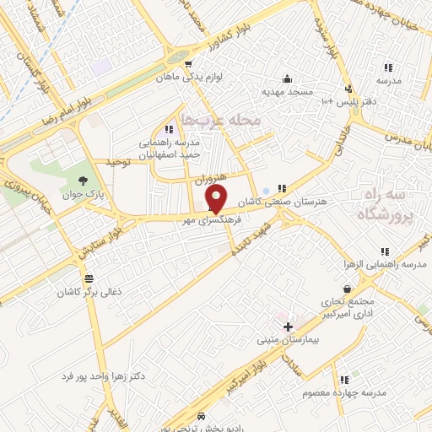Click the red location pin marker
click(216, 199)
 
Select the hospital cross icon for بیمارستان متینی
click(288, 326)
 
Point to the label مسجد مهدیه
click(287, 90)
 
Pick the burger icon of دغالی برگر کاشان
click(89, 278)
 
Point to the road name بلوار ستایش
click(98, 243)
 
